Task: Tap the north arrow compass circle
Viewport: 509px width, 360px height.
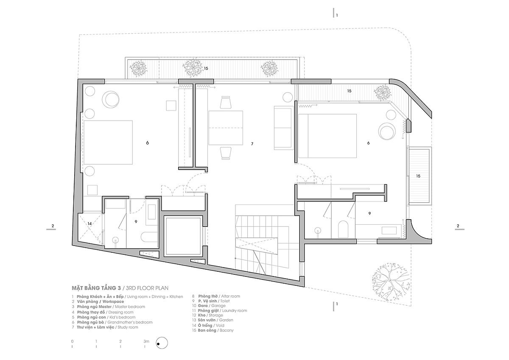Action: (x=162, y=343)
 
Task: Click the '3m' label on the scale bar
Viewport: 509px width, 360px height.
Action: (x=146, y=341)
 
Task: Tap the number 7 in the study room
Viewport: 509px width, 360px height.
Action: (x=252, y=144)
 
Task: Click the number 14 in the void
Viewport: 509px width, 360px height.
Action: (x=89, y=224)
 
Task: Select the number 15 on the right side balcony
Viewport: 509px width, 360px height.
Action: (x=418, y=176)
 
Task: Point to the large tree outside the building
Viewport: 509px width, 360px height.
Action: (x=390, y=282)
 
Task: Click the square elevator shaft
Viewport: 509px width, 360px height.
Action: (x=183, y=237)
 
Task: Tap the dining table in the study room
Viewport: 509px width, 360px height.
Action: (x=226, y=128)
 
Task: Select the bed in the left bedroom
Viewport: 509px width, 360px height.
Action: (x=108, y=142)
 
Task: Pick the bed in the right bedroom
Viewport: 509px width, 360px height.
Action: (x=327, y=136)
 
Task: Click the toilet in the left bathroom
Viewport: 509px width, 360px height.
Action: (x=149, y=237)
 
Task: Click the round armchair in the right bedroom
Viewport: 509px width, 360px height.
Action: (x=387, y=131)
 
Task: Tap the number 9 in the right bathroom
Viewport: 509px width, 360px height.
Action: (x=370, y=214)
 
